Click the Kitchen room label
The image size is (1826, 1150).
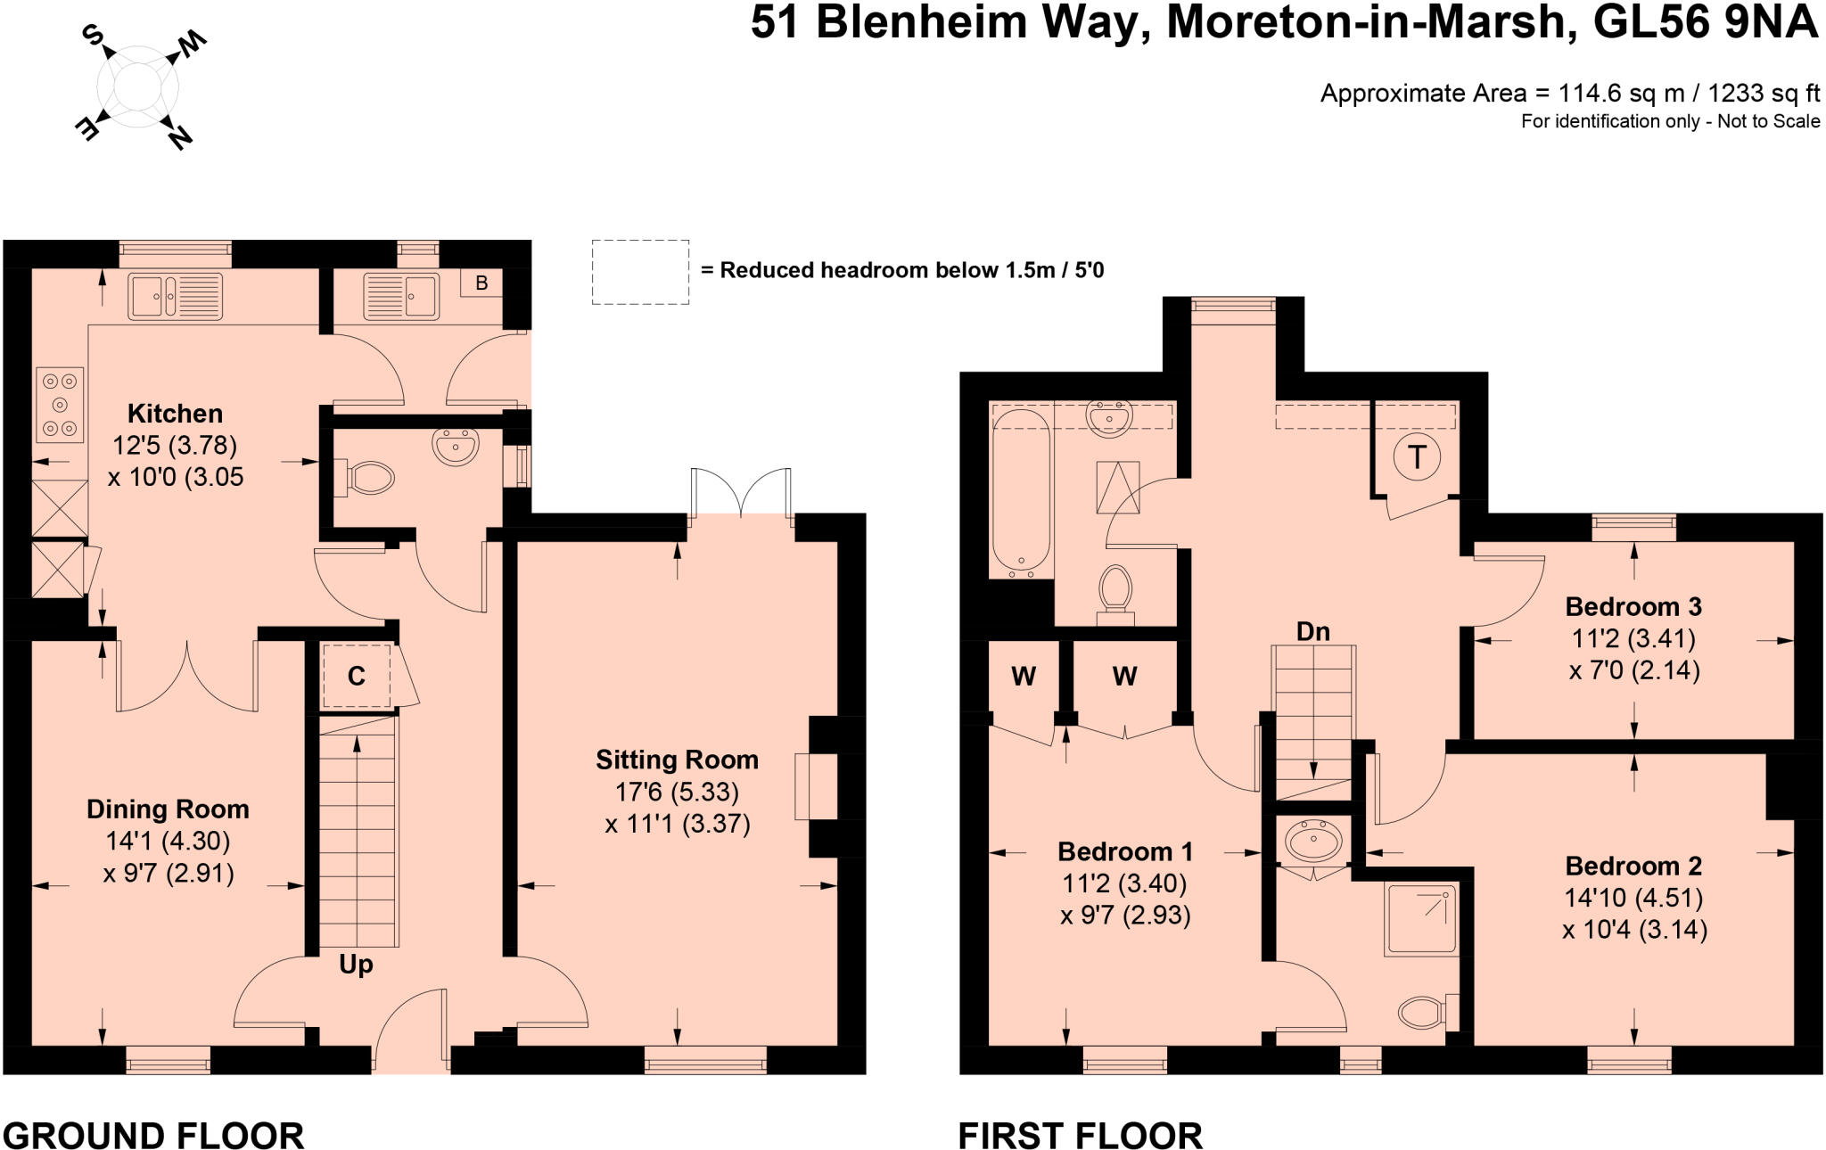click(175, 414)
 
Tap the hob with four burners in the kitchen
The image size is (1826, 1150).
click(60, 405)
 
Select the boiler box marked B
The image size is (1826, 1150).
click(481, 283)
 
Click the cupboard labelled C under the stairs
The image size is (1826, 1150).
click(356, 677)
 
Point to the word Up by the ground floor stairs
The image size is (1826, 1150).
click(356, 965)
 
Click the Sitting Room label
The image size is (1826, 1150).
click(677, 760)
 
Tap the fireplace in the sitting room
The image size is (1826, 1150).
click(816, 786)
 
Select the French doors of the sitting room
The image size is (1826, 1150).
click(740, 493)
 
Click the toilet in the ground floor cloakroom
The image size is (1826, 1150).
click(366, 478)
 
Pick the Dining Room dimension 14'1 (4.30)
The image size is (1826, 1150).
click(168, 841)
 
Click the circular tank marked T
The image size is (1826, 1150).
click(1416, 457)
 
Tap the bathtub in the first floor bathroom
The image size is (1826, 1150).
click(1021, 489)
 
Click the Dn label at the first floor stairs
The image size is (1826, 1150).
click(1312, 632)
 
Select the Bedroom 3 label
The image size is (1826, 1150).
click(1633, 607)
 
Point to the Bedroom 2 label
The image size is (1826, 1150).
click(1633, 867)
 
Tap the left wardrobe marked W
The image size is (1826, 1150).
click(1023, 677)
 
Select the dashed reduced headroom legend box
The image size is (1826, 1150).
click(640, 272)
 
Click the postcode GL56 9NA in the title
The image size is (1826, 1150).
click(1705, 23)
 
